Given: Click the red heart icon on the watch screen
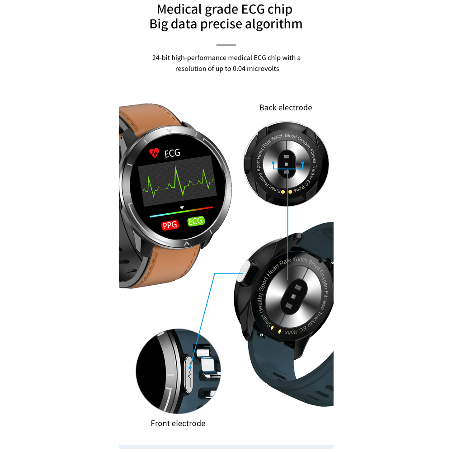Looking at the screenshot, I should coord(154,152).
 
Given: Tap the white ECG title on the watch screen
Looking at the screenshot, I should coord(172,153).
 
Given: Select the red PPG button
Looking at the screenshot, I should coord(170,224).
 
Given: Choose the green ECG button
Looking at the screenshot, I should coord(196,221).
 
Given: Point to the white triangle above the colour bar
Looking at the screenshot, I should coord(182,207).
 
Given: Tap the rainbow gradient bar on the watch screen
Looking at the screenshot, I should coord(181,212).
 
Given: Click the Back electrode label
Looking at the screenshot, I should coord(286,108).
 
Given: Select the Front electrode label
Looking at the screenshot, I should coord(178,424).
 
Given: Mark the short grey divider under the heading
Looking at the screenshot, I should coord(226,45).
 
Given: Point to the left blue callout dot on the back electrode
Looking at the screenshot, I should coord(273,162).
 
